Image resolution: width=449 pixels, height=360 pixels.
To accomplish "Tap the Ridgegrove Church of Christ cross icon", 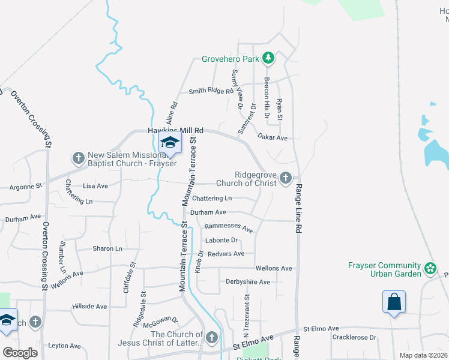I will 286,178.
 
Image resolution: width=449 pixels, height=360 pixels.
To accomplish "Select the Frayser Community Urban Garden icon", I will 430,268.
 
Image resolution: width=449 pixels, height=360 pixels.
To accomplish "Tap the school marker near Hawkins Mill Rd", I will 170,143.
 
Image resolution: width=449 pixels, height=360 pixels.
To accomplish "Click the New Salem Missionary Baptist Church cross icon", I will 78,158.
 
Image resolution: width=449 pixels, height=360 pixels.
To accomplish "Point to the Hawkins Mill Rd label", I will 176,130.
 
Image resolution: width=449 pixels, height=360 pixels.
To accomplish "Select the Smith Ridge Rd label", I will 211,91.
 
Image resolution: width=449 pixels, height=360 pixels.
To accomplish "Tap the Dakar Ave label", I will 273,138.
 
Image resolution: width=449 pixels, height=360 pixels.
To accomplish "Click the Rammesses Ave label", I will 229,227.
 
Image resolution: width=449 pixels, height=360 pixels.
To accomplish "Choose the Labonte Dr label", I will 222,241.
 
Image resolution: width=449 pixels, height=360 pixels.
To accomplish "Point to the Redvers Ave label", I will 226,254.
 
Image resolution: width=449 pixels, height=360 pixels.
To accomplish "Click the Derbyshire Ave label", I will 248,281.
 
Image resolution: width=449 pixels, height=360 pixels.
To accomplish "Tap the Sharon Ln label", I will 107,248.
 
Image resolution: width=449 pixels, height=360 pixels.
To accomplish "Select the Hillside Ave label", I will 89,307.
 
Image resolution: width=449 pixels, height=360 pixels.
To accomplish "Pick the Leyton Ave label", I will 64,346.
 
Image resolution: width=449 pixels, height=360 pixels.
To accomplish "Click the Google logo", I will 20,352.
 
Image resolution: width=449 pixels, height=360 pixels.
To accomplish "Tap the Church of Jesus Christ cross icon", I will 211,338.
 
